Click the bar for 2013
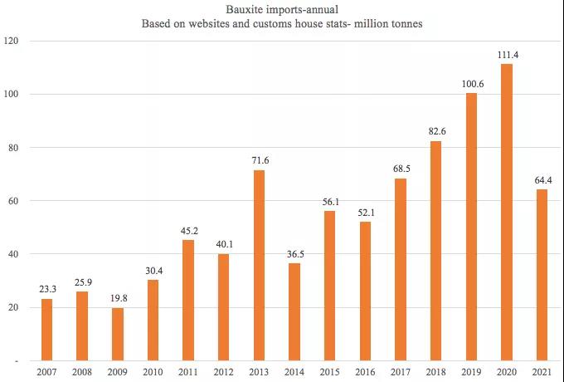click(x=260, y=266)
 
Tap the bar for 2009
click(x=118, y=335)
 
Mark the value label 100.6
click(x=471, y=84)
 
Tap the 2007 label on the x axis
click(x=47, y=373)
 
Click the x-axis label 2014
click(x=294, y=373)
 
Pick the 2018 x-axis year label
click(x=436, y=373)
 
